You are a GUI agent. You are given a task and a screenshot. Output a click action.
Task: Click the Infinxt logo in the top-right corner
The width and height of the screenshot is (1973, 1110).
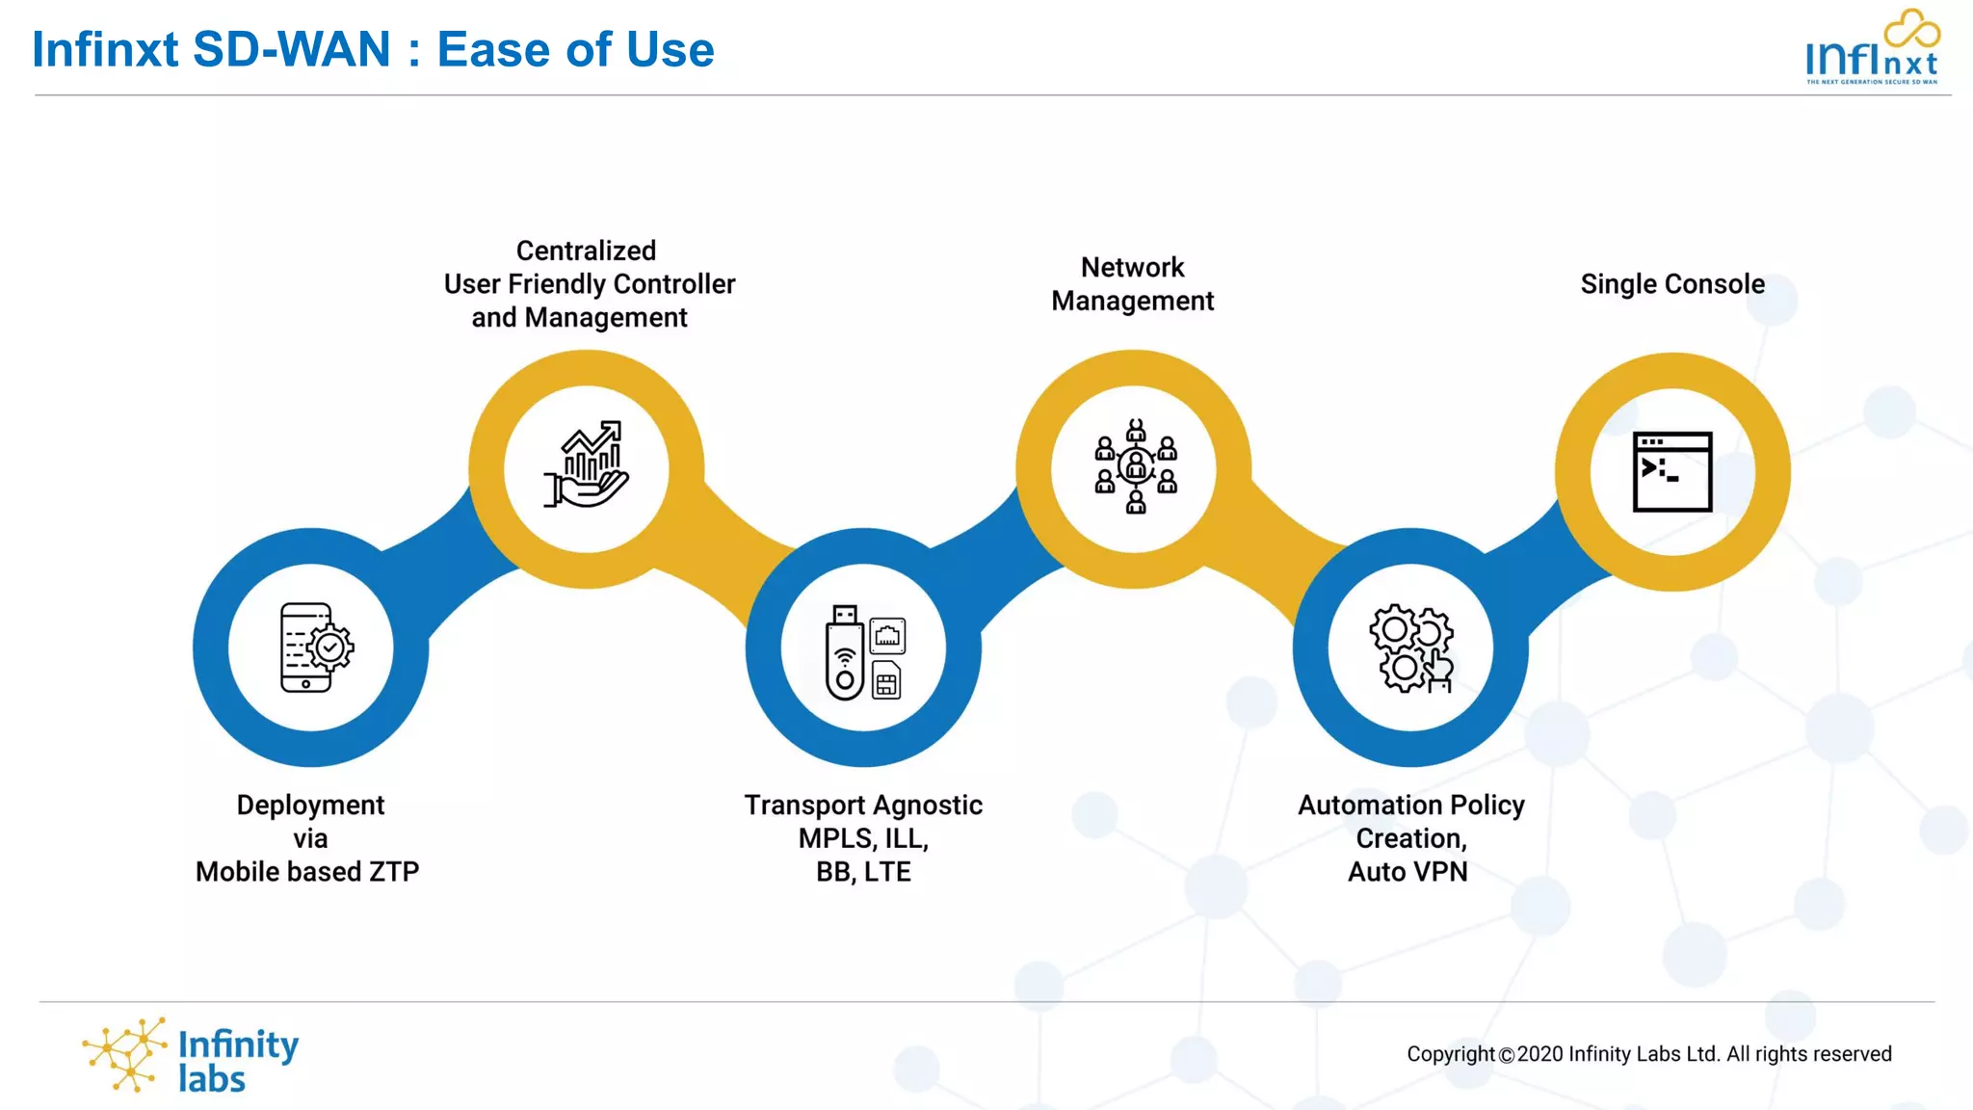(x=1872, y=48)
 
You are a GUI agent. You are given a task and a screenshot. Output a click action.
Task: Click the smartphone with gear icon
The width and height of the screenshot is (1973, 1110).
(x=314, y=647)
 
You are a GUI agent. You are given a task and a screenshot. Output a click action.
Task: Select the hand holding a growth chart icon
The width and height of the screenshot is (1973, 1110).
(x=586, y=464)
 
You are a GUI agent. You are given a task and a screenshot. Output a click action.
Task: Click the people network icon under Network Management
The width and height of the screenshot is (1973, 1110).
(x=1136, y=466)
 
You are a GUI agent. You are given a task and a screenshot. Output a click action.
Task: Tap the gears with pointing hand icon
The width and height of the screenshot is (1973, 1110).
(x=1411, y=648)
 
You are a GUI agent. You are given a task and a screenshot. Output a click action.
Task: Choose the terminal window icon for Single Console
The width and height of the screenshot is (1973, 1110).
(x=1672, y=471)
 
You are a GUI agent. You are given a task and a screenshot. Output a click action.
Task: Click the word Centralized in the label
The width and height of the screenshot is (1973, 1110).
(x=586, y=251)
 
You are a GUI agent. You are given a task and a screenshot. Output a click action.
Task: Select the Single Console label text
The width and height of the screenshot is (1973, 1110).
(x=1672, y=284)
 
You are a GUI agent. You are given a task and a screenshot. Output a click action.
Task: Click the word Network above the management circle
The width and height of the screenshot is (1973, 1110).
(x=1132, y=267)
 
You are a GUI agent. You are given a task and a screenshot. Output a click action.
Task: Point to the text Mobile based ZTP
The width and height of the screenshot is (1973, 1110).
(x=307, y=871)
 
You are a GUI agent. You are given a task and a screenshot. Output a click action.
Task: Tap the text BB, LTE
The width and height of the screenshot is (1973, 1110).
(x=863, y=871)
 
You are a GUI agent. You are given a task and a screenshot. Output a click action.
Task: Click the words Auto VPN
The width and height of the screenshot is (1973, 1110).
(x=1407, y=871)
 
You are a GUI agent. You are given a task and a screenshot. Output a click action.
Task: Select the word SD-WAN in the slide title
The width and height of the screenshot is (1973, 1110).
(x=292, y=49)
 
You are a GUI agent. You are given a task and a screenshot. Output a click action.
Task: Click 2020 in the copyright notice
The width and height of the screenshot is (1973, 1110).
(x=1539, y=1054)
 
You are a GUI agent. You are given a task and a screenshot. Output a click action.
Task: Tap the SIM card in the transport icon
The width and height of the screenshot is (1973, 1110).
(x=886, y=681)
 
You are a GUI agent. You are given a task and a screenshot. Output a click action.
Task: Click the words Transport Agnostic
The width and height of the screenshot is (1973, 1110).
(x=863, y=805)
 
